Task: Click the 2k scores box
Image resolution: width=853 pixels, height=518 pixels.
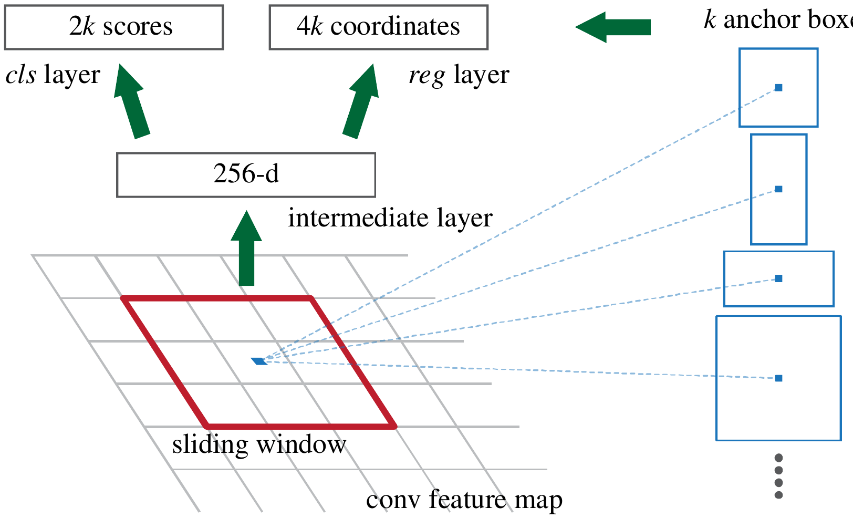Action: (114, 27)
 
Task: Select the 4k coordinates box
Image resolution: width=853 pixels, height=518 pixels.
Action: (378, 27)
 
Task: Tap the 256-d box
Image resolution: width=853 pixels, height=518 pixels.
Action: (246, 175)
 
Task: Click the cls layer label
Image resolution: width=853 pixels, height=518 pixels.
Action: (53, 75)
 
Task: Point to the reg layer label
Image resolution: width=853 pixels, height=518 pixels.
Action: (459, 75)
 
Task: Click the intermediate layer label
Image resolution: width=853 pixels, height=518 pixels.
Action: (390, 218)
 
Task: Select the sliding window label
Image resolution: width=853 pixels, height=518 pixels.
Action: (259, 445)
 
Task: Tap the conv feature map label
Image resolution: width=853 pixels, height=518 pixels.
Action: (464, 500)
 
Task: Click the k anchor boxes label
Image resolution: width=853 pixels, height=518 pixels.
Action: (777, 20)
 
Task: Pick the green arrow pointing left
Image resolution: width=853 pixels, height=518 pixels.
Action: (613, 27)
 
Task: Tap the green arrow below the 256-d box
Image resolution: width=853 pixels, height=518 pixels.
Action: (246, 249)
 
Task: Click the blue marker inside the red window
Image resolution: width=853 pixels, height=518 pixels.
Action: (259, 361)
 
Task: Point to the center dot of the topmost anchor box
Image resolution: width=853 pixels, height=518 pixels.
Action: (778, 88)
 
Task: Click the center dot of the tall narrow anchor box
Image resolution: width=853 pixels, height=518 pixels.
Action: (778, 189)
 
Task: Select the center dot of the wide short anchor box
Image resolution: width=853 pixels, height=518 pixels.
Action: (778, 278)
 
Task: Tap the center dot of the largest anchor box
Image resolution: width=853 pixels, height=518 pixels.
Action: (778, 378)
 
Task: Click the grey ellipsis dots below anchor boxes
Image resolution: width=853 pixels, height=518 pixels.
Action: (778, 476)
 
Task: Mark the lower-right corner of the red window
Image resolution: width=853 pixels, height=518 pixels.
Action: (394, 426)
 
